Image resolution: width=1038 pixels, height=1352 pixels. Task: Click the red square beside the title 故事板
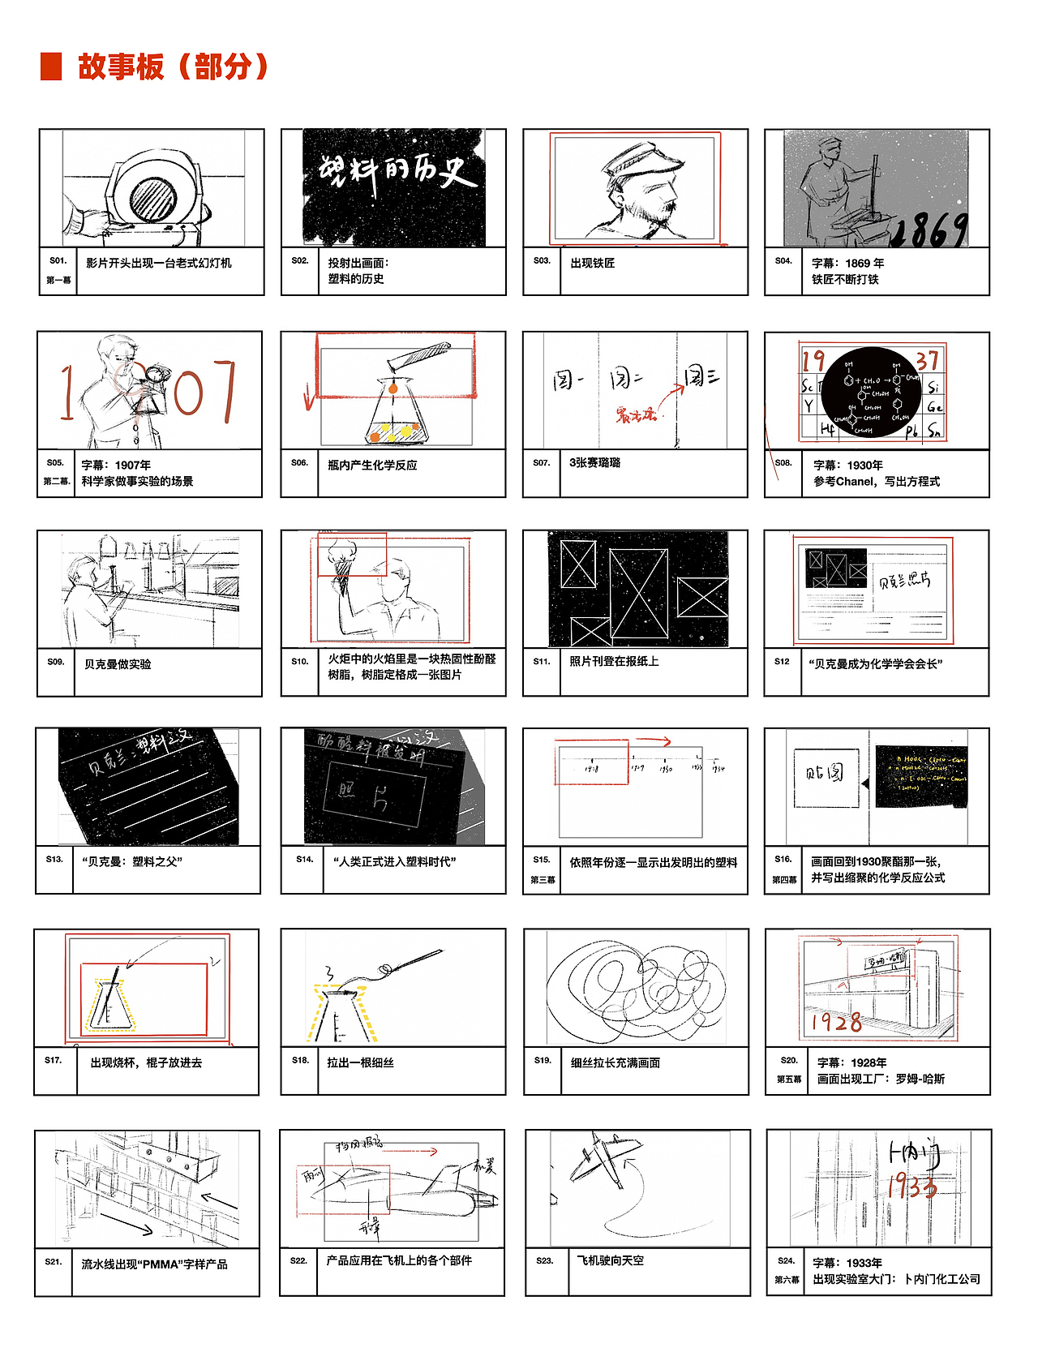pyautogui.click(x=51, y=67)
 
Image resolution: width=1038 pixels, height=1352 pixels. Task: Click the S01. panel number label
pyautogui.click(x=58, y=261)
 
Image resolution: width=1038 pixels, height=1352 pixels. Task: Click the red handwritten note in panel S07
pyautogui.click(x=635, y=416)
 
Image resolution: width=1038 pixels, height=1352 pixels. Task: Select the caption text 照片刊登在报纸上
pyautogui.click(x=614, y=662)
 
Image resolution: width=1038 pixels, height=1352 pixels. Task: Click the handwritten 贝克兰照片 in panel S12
pyautogui.click(x=904, y=581)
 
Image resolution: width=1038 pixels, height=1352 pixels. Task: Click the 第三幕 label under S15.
pyautogui.click(x=543, y=880)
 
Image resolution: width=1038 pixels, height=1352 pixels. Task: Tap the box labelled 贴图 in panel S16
pyautogui.click(x=826, y=776)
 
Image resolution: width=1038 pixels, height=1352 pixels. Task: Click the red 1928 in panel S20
pyautogui.click(x=836, y=1022)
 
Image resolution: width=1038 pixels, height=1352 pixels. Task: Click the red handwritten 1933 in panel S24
pyautogui.click(x=911, y=1187)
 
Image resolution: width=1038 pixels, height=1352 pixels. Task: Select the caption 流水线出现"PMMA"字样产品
pyautogui.click(x=154, y=1264)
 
